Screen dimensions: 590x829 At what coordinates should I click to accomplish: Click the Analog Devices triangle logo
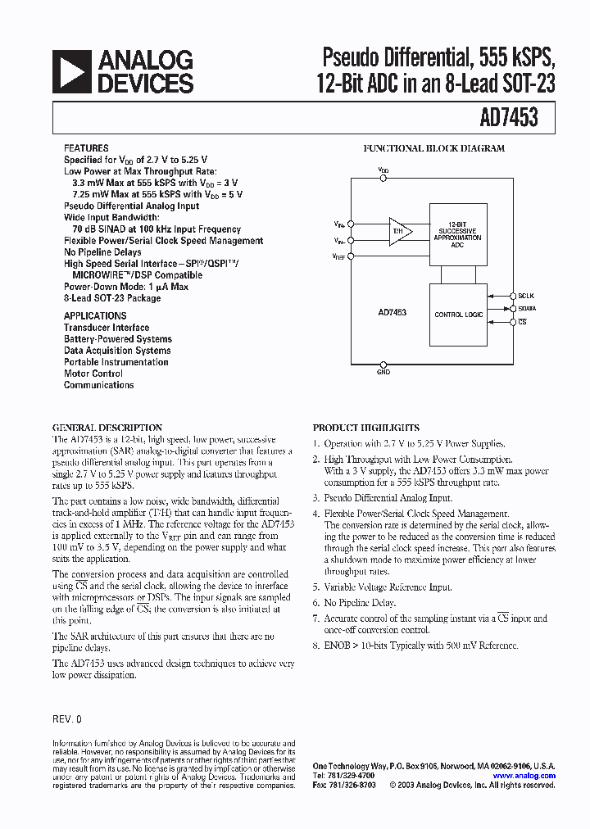[72, 71]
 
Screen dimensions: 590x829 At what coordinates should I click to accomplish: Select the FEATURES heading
[86, 148]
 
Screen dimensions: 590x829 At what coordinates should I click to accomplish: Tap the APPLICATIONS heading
[95, 315]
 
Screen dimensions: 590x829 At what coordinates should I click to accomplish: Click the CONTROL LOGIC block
[458, 315]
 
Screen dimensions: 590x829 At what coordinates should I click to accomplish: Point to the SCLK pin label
[526, 295]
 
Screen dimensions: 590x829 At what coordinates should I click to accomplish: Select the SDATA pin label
[527, 309]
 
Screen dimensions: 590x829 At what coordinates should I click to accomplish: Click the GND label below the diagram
[383, 372]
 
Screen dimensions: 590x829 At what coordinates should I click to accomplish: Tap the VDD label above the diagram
[383, 170]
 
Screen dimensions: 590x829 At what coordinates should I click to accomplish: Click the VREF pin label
[339, 257]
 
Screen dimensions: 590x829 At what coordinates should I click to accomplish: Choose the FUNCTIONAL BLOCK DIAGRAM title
[433, 148]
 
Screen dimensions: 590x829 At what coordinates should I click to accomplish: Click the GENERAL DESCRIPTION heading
[107, 428]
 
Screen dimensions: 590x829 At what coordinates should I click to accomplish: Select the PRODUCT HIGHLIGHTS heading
[366, 428]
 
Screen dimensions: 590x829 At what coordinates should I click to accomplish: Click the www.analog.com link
[524, 775]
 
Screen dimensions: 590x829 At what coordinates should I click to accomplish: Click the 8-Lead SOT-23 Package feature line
[112, 298]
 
